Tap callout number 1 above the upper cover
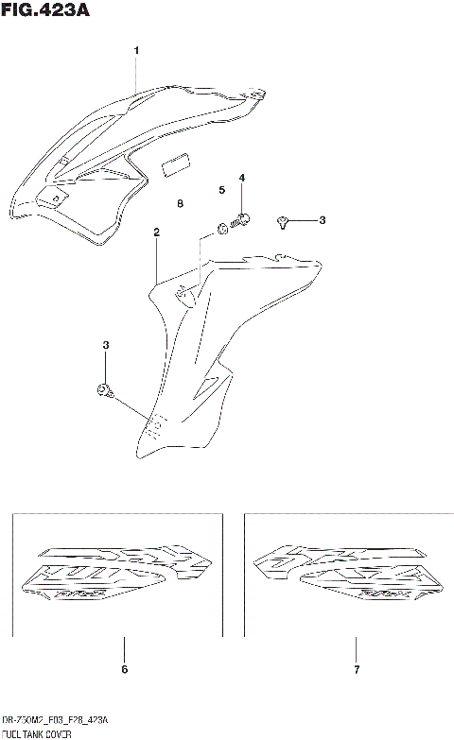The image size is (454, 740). click(136, 50)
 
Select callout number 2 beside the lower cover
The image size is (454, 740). click(156, 232)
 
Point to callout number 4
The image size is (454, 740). click(241, 178)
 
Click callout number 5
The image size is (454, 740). click(221, 190)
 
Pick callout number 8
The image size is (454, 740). click(180, 203)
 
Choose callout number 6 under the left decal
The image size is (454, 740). click(124, 670)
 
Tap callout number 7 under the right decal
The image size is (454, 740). click(356, 670)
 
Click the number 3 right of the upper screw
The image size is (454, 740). click(322, 220)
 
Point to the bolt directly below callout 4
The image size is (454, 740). click(241, 220)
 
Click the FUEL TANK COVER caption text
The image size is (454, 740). click(37, 733)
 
